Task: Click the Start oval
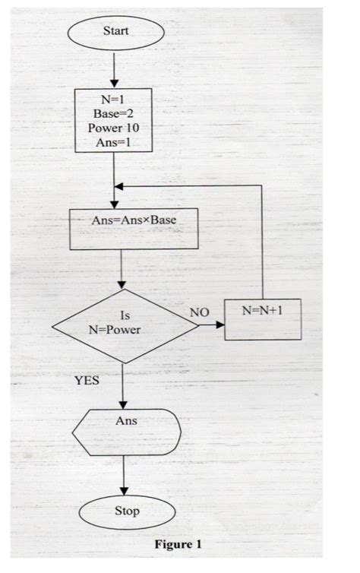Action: pos(115,32)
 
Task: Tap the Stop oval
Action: pos(126,511)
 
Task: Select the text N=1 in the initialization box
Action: pos(113,98)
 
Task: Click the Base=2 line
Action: pos(113,113)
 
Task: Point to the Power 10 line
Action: pos(113,128)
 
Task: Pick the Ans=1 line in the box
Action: pos(113,142)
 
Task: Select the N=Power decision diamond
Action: pos(125,324)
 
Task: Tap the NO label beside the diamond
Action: pos(199,312)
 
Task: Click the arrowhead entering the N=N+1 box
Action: pos(222,325)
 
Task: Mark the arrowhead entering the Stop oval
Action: pos(122,490)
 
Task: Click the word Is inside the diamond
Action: pos(126,315)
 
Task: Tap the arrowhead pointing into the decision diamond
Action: pos(122,285)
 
